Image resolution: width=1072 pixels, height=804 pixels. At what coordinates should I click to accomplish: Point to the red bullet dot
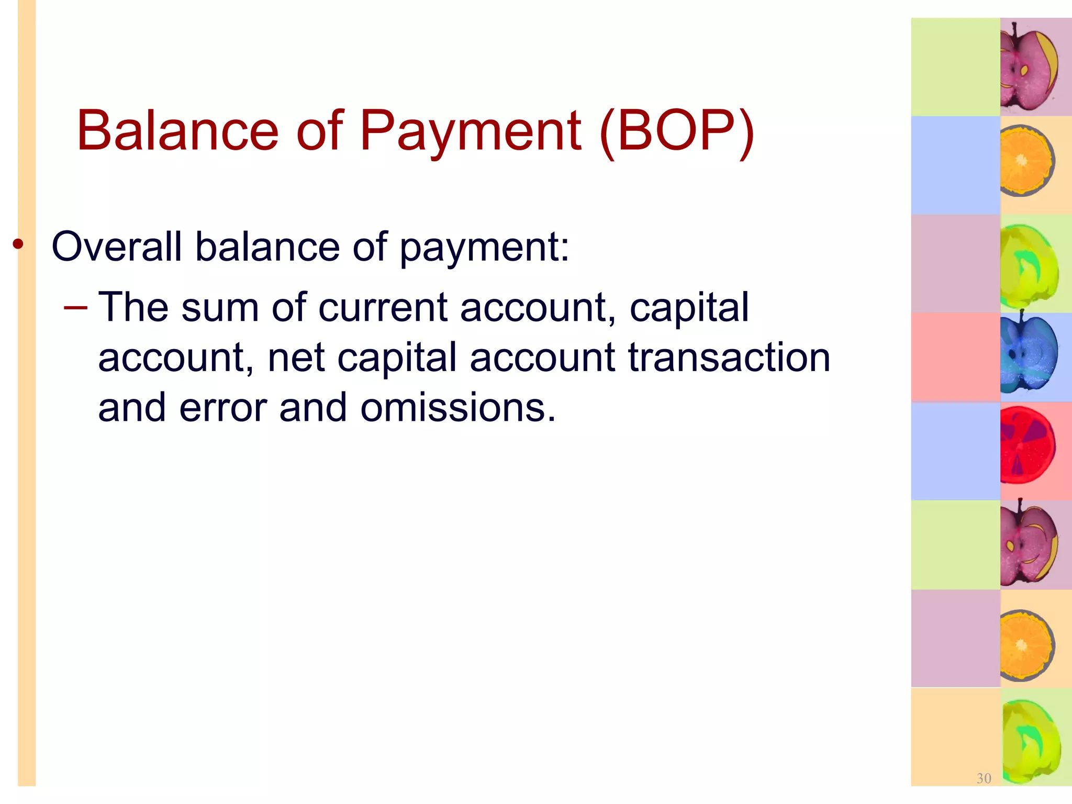coord(18,244)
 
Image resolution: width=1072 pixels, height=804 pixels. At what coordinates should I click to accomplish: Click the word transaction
coord(729,358)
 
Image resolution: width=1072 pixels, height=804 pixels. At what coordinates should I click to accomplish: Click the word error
coord(223,408)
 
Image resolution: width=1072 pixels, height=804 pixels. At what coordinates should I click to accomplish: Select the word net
coord(296,359)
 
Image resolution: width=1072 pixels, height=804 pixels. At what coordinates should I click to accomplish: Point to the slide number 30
coord(984,778)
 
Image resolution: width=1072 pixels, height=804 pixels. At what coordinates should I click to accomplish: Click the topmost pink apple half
coord(1028,67)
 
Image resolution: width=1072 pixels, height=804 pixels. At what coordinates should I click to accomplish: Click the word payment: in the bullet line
coord(484,247)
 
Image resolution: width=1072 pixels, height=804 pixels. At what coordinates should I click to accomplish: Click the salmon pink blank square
coord(955,358)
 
